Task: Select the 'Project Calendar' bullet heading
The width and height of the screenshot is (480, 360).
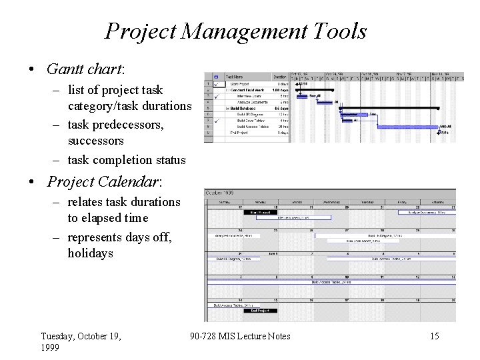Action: coord(105,182)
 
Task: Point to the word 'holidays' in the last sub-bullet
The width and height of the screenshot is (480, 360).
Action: coord(90,253)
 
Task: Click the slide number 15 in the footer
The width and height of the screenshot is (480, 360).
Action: coord(434,336)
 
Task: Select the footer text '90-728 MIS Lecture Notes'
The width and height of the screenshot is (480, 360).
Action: coord(240,336)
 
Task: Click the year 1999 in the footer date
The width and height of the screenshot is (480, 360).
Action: coord(50,348)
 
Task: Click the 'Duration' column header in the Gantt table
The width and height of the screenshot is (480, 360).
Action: coord(279,77)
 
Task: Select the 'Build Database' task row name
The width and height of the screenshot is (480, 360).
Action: coord(241,108)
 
